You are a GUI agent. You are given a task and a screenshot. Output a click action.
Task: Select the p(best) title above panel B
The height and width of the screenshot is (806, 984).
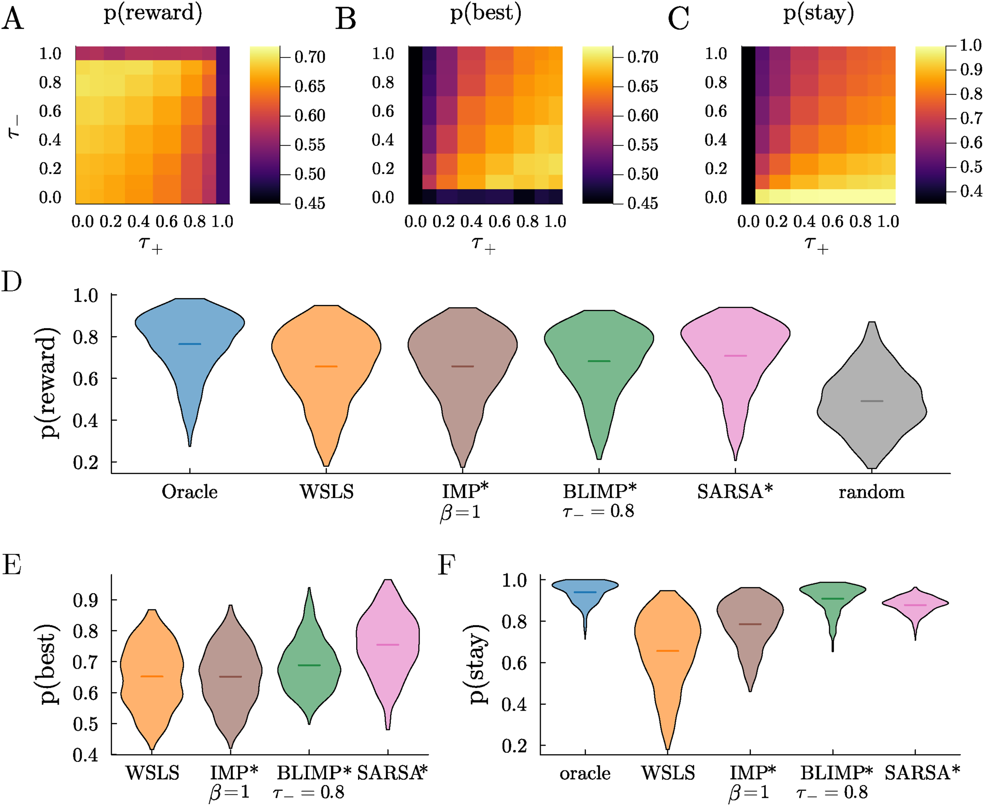pos(486,13)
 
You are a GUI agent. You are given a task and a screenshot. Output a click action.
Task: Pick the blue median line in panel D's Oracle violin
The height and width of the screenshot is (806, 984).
pos(190,344)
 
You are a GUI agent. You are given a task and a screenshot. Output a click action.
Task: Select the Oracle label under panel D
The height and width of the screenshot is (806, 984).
pos(190,492)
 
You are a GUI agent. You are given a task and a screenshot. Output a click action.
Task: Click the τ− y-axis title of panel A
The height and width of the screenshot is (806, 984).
pos(14,126)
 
